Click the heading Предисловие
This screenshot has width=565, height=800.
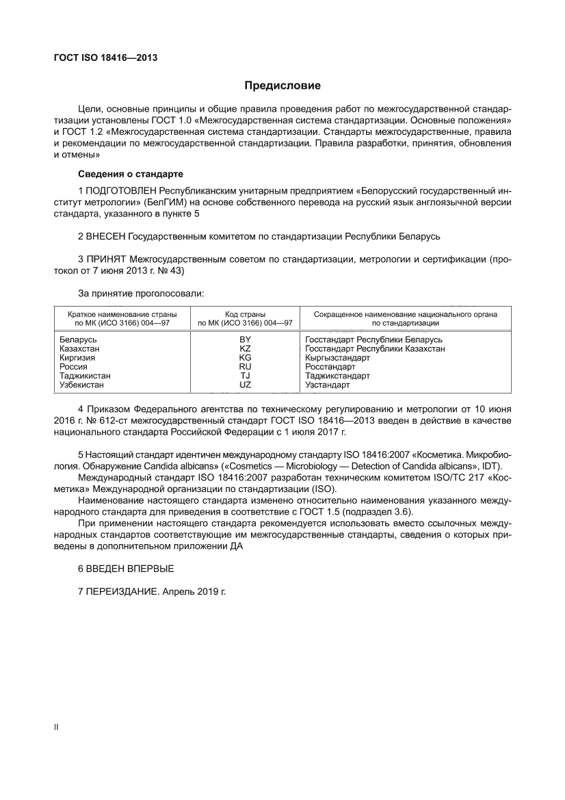click(282, 86)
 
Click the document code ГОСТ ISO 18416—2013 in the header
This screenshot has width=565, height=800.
click(105, 58)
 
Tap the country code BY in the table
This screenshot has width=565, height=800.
click(245, 339)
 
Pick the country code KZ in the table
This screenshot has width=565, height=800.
click(245, 348)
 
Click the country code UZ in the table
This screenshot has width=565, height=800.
click(245, 385)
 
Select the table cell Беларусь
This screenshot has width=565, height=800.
click(78, 339)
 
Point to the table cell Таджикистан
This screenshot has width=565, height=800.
click(85, 376)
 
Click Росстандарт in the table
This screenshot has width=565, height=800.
click(330, 367)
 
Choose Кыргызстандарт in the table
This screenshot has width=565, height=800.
click(337, 358)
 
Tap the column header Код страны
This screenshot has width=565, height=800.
click(245, 313)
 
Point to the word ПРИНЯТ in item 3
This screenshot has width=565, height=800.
click(107, 259)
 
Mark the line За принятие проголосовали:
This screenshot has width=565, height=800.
click(141, 294)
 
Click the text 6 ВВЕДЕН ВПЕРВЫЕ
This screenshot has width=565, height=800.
click(126, 569)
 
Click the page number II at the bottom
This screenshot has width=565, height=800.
click(56, 727)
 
